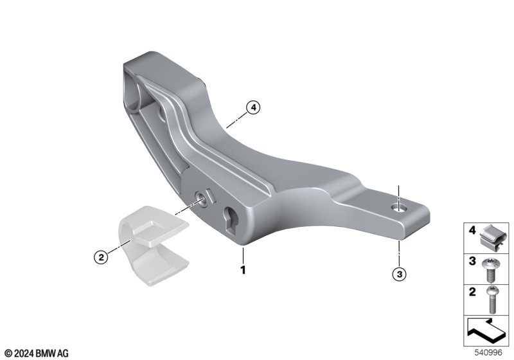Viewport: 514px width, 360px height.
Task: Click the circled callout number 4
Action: pos(253,107)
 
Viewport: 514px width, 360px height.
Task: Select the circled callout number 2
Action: pos(101,256)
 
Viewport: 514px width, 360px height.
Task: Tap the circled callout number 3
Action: pos(399,274)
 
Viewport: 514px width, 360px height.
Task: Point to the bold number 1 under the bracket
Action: pos(243,270)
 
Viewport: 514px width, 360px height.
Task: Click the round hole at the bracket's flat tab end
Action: pos(399,207)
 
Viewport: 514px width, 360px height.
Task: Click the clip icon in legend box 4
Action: pos(493,238)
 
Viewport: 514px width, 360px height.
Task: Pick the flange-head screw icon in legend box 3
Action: pos(490,270)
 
